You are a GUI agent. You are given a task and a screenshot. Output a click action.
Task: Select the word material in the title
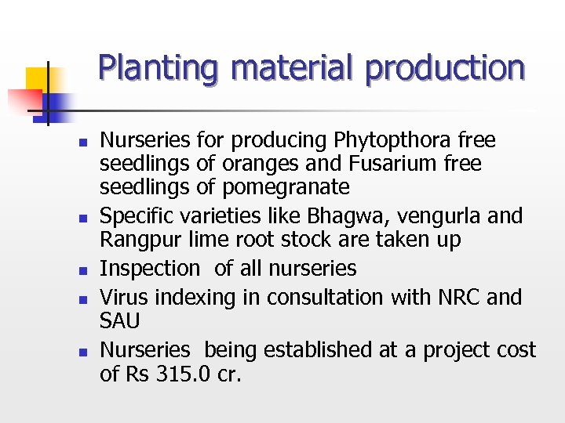pos(299,68)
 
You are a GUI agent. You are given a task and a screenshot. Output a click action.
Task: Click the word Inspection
pos(151,269)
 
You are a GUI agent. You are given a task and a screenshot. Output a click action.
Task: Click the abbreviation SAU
pos(119,322)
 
